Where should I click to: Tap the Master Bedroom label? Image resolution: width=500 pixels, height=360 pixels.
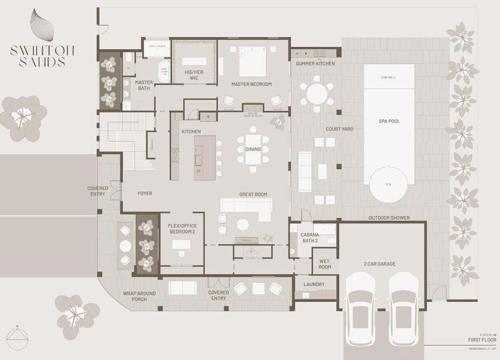[x=252, y=84]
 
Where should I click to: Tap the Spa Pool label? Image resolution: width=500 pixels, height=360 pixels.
[x=389, y=121]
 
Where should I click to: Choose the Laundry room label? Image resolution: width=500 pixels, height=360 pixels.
[x=314, y=284]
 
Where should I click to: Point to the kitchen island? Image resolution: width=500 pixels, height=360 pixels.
[x=204, y=156]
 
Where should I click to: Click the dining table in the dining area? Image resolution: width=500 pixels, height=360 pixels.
[x=252, y=150]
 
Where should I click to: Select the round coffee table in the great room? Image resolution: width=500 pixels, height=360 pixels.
[x=243, y=224]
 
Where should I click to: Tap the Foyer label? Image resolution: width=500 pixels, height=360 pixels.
[x=145, y=194]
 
